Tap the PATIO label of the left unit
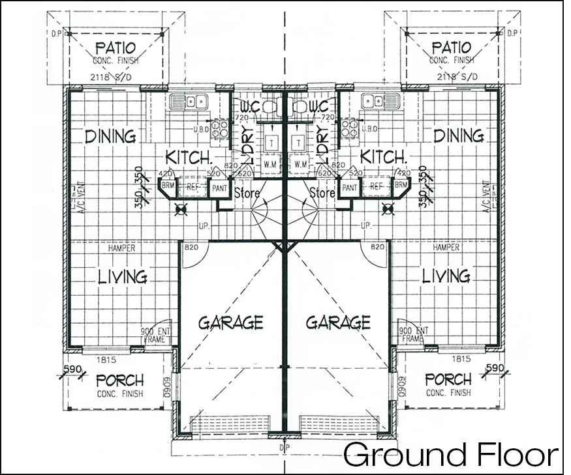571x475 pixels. point(116,48)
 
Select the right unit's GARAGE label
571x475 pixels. point(338,322)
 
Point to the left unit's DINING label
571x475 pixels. point(110,136)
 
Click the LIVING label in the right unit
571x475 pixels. point(446,276)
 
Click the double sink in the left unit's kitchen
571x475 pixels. point(188,101)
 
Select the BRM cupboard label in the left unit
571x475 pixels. point(167,186)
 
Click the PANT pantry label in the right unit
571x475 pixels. point(350,188)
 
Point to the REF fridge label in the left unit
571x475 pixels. point(193,186)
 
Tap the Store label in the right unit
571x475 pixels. point(322,194)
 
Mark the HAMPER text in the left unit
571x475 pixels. point(121,248)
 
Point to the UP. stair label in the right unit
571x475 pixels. point(366,225)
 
